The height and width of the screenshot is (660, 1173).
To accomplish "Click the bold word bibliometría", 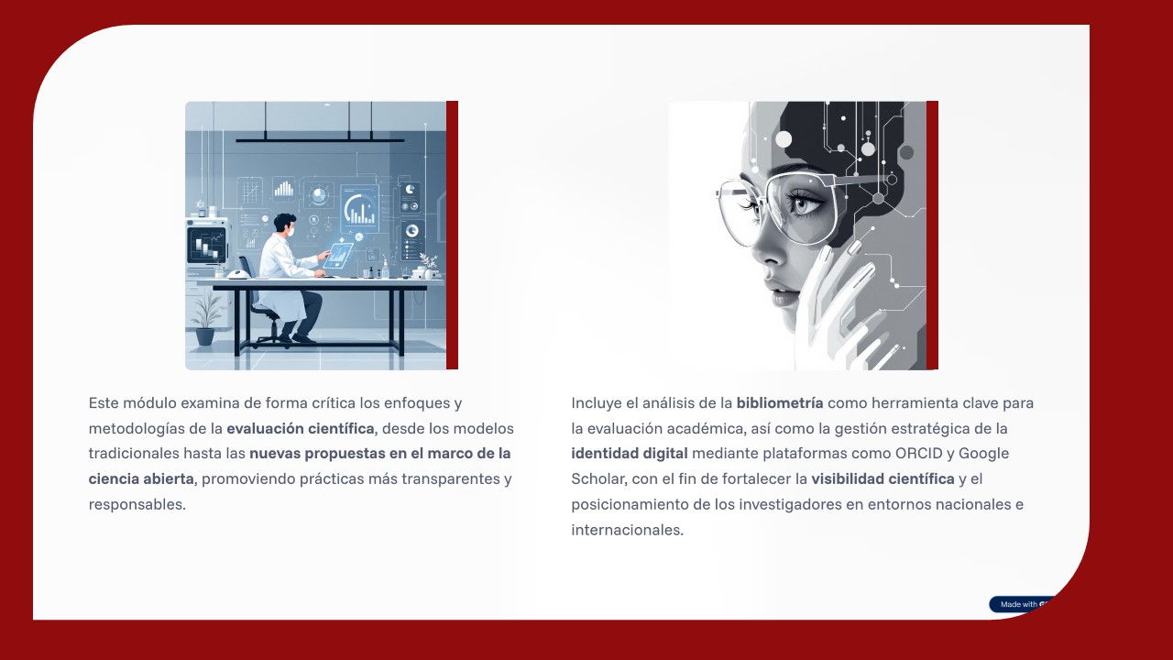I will (779, 402).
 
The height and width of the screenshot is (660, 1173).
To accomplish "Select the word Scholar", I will (597, 478).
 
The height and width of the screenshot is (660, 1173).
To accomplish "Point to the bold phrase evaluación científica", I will (301, 428).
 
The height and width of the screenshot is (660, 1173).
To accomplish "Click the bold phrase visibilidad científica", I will (882, 478).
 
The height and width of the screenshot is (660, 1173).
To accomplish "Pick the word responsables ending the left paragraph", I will (137, 504).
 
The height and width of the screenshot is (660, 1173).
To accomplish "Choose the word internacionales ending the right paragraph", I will (627, 530).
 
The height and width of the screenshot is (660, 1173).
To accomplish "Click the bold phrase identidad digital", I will (629, 453).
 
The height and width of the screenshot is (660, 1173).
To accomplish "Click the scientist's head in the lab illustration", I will (286, 225).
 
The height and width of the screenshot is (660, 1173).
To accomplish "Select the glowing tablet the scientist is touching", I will (338, 255).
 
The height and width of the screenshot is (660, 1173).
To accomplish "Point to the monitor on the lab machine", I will (206, 244).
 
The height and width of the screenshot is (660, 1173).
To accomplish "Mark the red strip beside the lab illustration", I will (452, 236).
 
